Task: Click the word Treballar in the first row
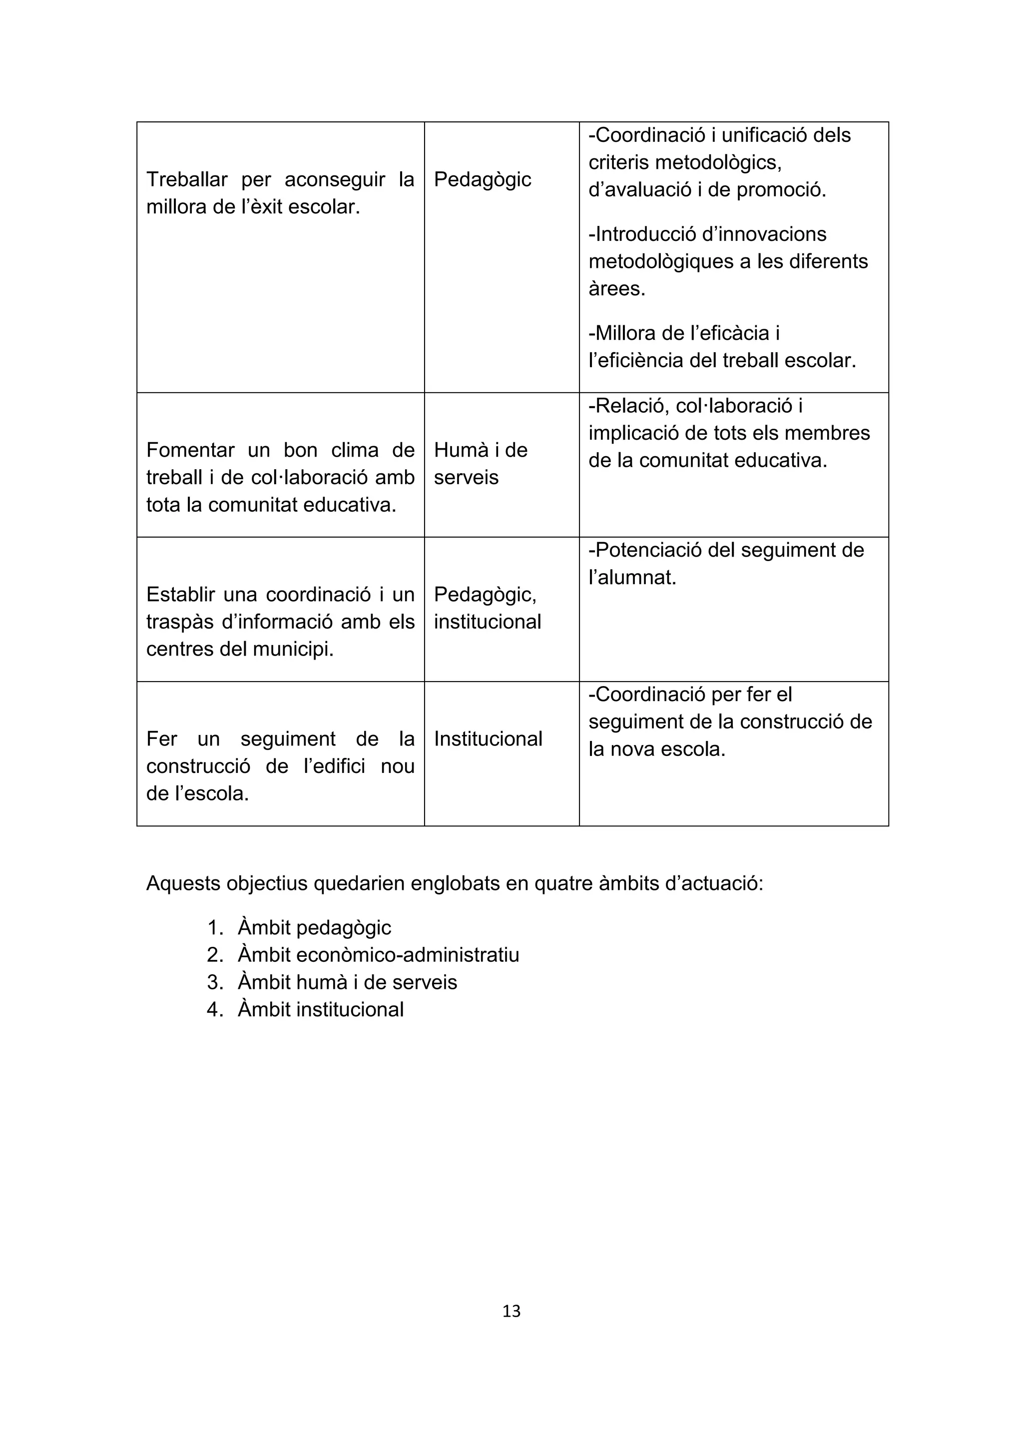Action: (x=186, y=179)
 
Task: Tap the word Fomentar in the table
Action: (x=190, y=450)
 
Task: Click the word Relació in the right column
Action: (x=629, y=406)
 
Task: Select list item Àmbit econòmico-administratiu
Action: (x=378, y=955)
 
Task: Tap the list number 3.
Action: (x=214, y=982)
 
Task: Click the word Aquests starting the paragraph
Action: (x=183, y=883)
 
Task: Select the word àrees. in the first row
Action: (x=617, y=289)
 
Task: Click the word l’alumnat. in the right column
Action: (x=632, y=577)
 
